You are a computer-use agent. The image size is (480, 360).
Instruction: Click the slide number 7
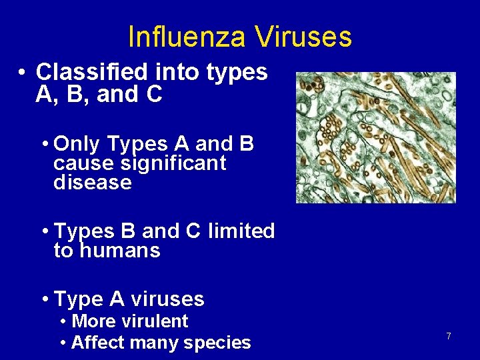tap(449, 337)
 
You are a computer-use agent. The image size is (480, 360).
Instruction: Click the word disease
tap(93, 182)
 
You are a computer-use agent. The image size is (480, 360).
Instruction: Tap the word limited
tap(241, 231)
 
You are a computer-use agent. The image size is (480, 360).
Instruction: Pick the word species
tap(219, 343)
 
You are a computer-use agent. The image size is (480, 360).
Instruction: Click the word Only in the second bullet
tap(77, 144)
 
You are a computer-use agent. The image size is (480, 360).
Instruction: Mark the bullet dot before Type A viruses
tap(44, 299)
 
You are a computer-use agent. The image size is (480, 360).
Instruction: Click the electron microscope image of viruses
tap(376, 137)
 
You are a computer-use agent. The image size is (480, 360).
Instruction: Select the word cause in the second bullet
tap(81, 163)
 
